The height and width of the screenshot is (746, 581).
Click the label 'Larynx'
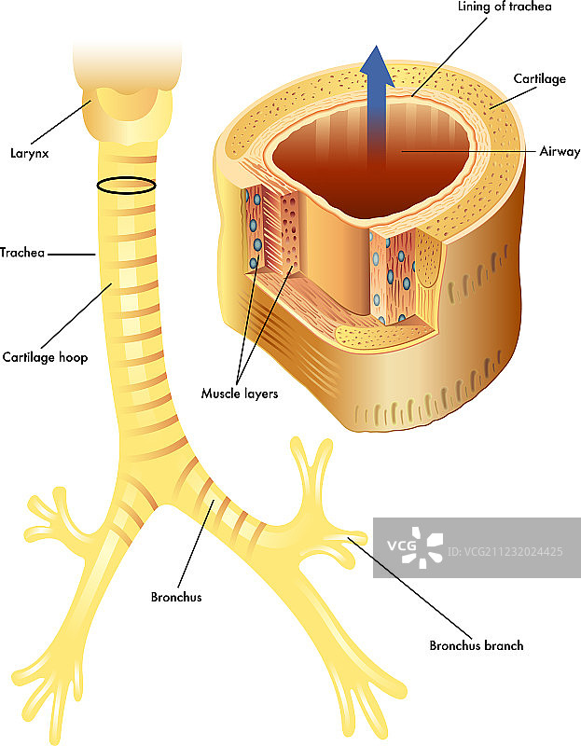point(30,152)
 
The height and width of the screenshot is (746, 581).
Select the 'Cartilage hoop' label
point(44,356)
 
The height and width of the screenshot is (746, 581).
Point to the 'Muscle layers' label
point(240,394)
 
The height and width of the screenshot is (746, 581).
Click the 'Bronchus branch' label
point(476,645)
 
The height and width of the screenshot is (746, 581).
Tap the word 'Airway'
point(559,151)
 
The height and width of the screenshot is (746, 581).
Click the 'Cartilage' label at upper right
point(539,79)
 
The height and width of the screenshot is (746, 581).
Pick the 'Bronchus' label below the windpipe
point(175,597)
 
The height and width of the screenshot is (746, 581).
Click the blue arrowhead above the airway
point(377,65)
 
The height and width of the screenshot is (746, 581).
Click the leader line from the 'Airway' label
point(466,150)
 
